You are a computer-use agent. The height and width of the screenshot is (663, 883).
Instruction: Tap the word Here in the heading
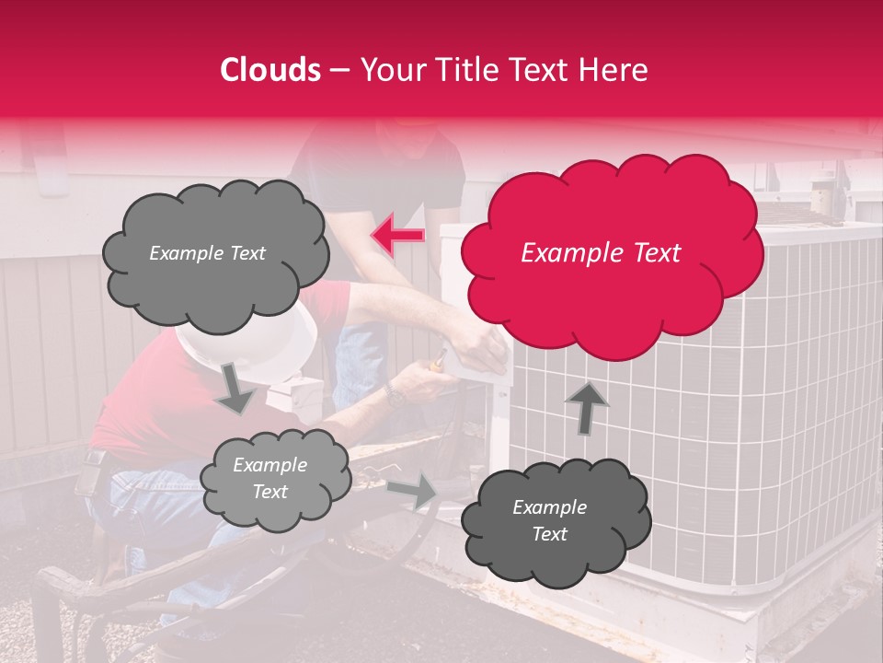pyautogui.click(x=615, y=70)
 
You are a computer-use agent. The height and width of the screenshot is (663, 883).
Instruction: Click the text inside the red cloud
pyautogui.click(x=601, y=253)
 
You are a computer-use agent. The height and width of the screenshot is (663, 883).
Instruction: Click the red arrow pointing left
pyautogui.click(x=397, y=235)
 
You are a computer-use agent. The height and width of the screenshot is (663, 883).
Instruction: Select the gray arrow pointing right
pyautogui.click(x=413, y=490)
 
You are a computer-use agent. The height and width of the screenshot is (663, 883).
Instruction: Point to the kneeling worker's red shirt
pyautogui.click(x=138, y=414)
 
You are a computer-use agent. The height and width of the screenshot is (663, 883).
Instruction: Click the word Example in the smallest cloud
pyautogui.click(x=269, y=466)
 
